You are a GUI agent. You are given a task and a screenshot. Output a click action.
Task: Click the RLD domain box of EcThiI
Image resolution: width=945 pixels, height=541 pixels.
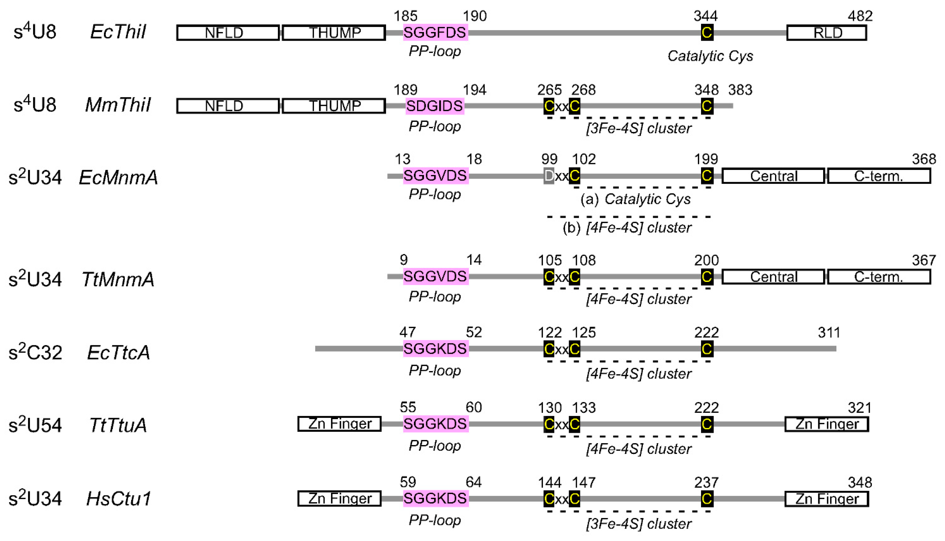827,33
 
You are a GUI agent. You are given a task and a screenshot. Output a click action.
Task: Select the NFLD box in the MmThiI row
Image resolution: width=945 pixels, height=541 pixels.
228,106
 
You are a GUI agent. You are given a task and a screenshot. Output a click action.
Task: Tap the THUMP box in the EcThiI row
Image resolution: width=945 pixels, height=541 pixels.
334,33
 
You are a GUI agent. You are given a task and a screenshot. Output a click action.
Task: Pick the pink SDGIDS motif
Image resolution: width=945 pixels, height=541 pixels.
435,106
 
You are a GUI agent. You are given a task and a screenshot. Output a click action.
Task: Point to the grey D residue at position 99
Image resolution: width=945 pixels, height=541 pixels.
549,176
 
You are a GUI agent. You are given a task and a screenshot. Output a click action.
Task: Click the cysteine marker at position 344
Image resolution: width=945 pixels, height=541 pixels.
707,32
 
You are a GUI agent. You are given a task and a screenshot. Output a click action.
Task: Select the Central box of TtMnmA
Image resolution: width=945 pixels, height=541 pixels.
773,277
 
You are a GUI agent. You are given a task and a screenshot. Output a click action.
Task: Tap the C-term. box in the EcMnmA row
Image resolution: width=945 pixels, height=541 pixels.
879,176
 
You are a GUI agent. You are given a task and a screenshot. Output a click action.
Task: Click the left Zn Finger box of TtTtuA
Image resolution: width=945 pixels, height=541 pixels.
340,424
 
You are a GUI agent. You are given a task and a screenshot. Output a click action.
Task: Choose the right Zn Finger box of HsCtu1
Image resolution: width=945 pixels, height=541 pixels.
827,499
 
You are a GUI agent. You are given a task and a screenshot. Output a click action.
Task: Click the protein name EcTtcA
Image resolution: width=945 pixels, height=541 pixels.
118,352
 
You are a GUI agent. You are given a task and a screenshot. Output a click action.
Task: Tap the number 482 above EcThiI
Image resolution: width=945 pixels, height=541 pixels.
860,16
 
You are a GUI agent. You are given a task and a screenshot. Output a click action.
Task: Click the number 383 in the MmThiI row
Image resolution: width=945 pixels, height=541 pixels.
740,90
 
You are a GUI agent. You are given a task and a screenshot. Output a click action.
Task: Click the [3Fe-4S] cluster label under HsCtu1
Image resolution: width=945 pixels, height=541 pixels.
639,524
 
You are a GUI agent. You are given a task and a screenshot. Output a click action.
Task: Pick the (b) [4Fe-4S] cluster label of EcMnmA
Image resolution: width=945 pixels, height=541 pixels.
627,227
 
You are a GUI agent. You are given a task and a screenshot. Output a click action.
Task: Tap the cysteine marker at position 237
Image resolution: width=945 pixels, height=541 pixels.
707,499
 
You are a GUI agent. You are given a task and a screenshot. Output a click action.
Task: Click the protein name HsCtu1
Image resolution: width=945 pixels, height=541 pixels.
118,499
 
